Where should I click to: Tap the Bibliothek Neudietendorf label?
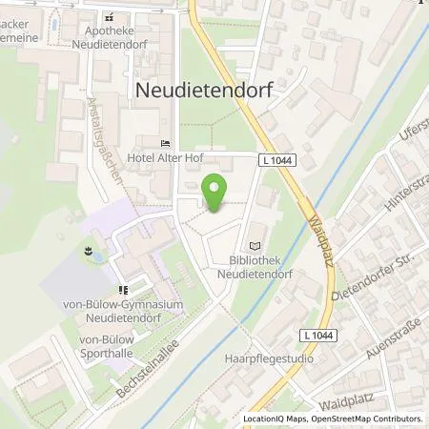[255, 266]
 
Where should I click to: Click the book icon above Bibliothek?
[254, 243]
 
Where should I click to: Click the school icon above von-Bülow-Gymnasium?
[122, 290]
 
